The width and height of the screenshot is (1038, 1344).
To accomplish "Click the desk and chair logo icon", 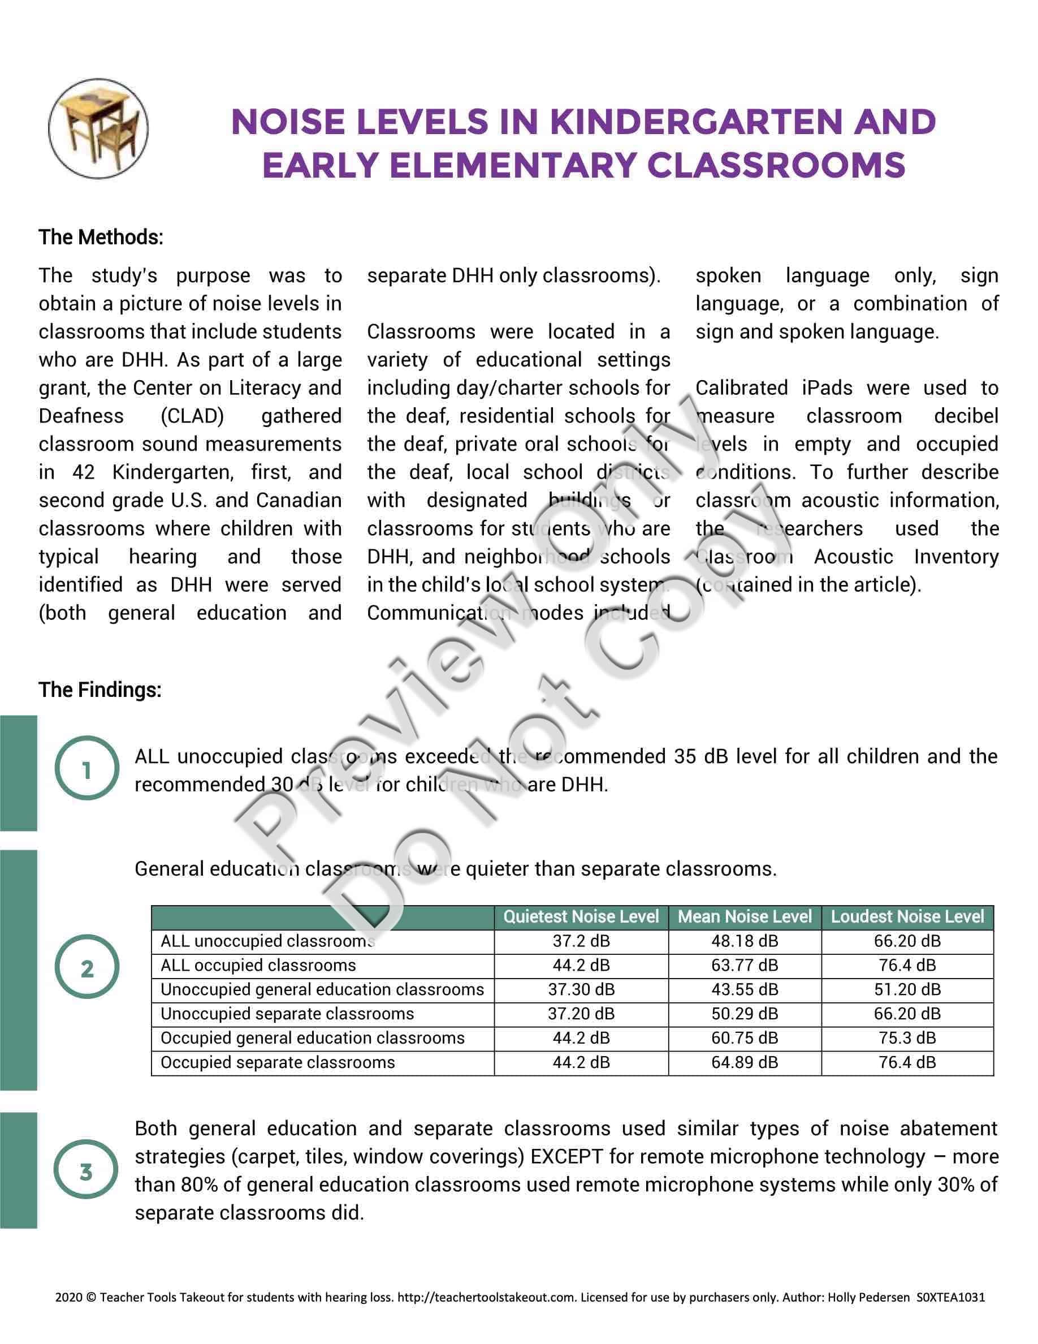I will point(98,128).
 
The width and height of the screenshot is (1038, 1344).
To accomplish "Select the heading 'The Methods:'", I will point(101,237).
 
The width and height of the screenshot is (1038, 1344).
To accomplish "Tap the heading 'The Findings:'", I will point(100,690).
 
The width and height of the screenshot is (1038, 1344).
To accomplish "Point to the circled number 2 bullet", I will point(86,968).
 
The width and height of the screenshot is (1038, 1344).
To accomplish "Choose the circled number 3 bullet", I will point(86,1171).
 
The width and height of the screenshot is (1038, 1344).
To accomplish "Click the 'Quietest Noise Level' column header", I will point(581,917).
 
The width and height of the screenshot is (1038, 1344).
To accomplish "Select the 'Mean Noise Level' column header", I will point(744,917).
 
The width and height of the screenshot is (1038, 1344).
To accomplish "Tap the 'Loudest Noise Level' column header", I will point(907,917).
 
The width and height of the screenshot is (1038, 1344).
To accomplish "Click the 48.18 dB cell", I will point(744,941).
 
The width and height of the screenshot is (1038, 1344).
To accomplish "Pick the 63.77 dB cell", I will point(744,965).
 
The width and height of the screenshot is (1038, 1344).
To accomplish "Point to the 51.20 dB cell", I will point(907,989).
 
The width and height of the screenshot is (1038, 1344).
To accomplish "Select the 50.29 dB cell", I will point(744,1014).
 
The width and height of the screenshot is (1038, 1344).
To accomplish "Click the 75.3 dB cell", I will point(907,1038).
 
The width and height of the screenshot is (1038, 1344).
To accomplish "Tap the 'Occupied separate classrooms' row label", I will point(278,1062).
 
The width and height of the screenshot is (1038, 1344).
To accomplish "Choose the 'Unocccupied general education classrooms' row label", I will point(322,989).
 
